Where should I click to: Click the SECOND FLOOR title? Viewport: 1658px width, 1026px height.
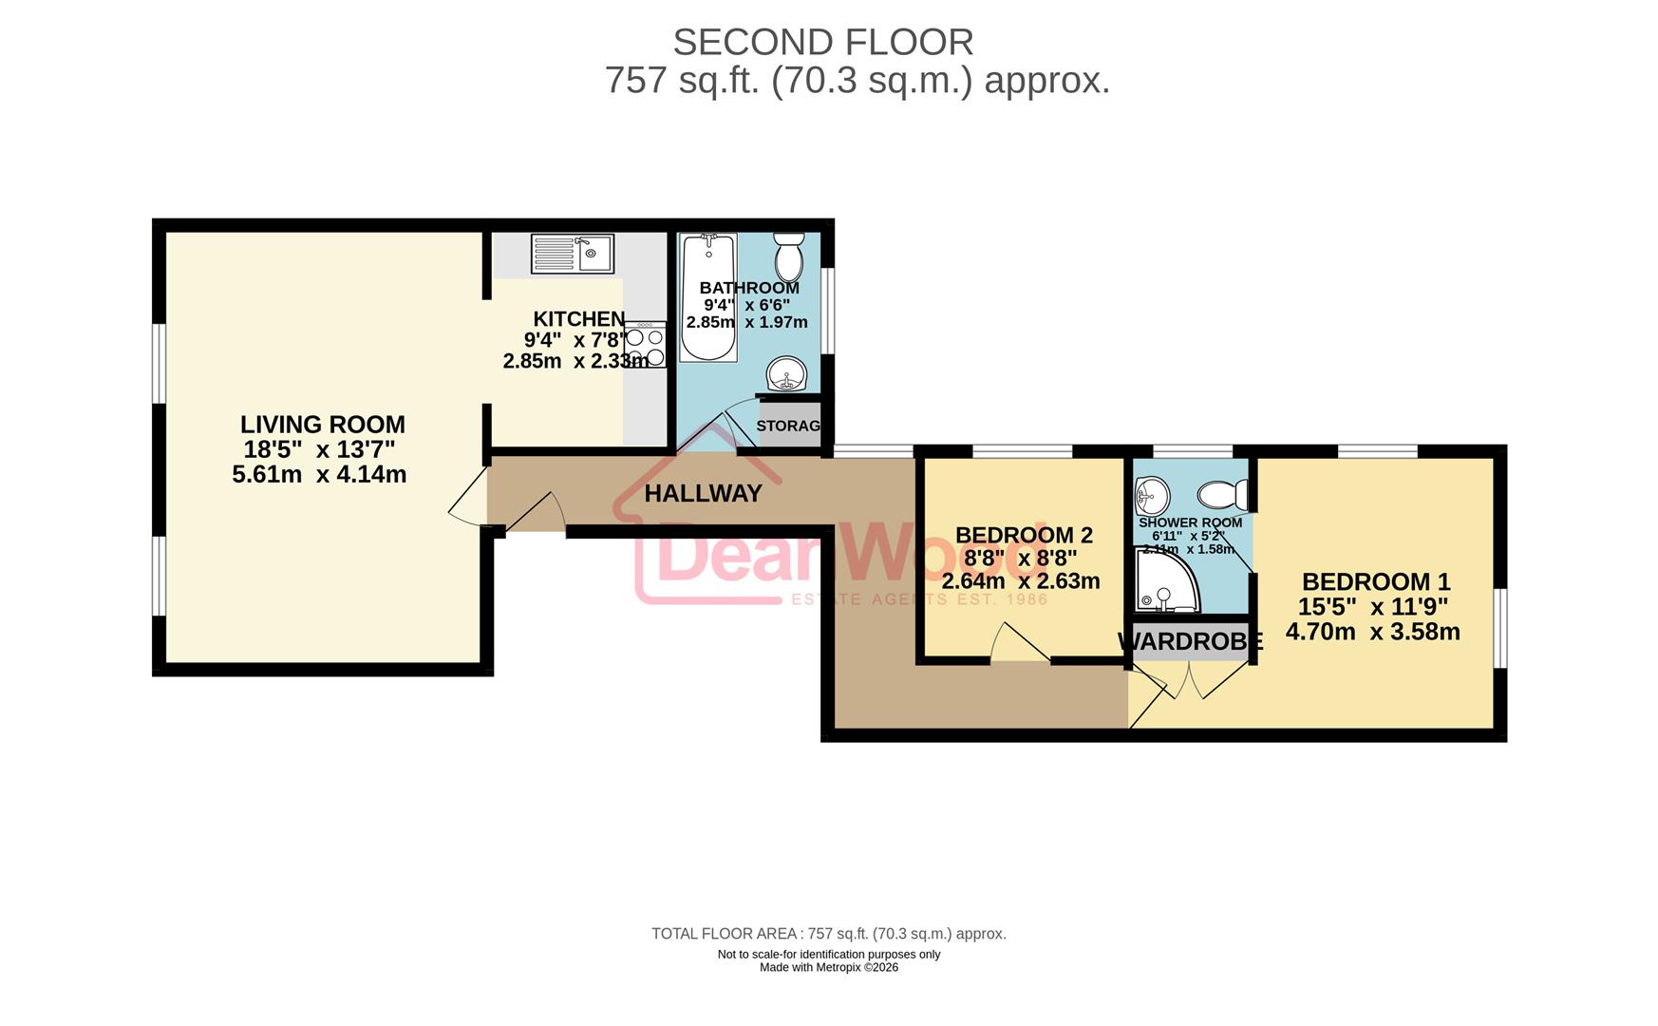822,43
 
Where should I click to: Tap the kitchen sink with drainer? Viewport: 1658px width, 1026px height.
572,254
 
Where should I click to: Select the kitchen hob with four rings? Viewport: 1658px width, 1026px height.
645,345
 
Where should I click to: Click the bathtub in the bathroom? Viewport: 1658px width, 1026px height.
708,296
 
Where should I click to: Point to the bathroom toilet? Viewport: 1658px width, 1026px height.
788,256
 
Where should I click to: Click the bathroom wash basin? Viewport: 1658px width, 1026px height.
785,373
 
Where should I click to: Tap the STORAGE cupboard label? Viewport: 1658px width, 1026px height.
788,426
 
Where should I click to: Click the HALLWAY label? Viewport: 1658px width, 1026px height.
703,493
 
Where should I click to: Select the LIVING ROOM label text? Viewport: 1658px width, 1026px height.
322,425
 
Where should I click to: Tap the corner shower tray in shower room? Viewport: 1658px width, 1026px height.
1165,581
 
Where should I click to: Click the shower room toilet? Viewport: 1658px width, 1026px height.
1223,494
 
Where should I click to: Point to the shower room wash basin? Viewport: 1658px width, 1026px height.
1152,494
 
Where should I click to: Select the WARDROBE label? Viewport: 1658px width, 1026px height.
1190,642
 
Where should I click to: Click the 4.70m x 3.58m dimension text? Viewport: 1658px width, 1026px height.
1372,632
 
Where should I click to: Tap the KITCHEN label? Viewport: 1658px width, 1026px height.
578,319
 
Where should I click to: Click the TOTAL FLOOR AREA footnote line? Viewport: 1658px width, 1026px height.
828,934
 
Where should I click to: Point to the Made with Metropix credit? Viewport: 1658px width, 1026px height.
828,968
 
